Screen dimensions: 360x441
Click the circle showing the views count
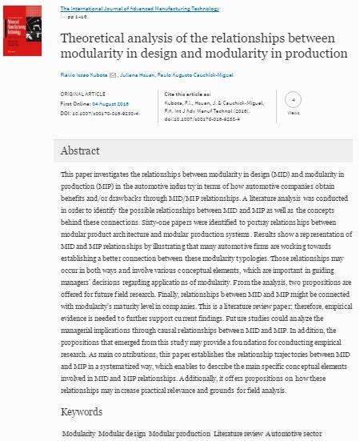pos(293,102)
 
